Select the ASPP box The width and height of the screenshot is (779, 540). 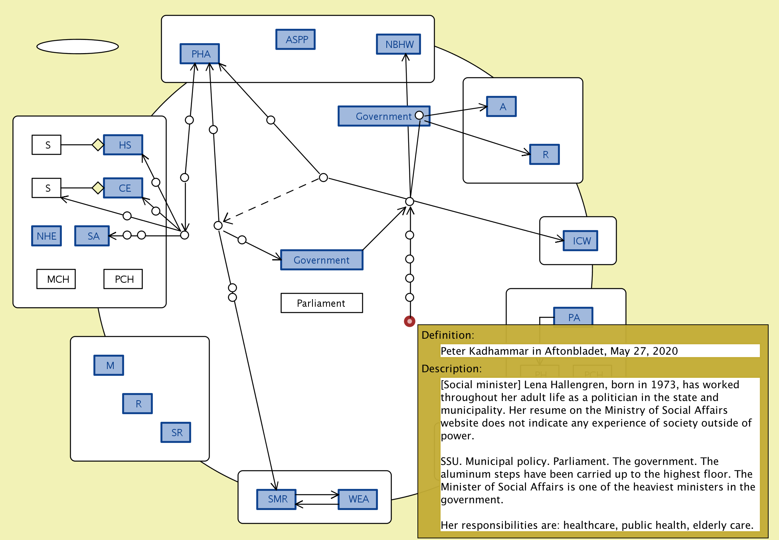coord(295,40)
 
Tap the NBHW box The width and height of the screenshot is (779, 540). coord(398,44)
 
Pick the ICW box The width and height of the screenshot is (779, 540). coord(580,241)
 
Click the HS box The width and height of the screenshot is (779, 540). coord(123,145)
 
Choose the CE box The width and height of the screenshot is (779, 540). coord(123,188)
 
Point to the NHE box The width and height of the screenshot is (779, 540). coord(47,236)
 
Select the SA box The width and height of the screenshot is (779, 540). coord(92,236)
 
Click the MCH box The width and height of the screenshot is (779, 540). coord(56,279)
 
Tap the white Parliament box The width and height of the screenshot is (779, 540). coord(322,303)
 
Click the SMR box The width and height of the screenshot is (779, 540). coord(277,499)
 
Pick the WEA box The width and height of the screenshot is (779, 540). coord(358,499)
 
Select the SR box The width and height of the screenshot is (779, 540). coord(176,433)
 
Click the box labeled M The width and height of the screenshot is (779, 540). coord(109,365)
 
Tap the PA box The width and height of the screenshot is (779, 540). coord(573,317)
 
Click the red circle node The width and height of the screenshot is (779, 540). coord(409,321)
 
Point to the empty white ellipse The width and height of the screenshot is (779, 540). coord(77,46)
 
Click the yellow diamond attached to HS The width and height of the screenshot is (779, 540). coord(98,145)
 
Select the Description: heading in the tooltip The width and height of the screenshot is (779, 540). coord(451,369)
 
